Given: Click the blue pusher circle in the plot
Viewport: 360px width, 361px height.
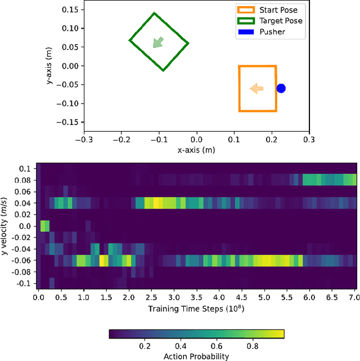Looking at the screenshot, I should pos(281,88).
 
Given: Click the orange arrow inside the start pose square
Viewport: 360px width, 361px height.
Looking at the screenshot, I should pos(256,88).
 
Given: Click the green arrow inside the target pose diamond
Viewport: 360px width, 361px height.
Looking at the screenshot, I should pos(159,42).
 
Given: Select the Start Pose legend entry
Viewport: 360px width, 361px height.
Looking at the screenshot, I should pos(267,10).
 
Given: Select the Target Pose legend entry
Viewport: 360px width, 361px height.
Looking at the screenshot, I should pos(270,21).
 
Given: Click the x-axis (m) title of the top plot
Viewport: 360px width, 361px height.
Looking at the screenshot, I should pos(196,150).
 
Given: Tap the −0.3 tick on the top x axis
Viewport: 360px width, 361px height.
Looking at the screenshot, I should pos(84,138).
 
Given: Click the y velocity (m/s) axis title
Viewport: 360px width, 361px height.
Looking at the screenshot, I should pos(7,226).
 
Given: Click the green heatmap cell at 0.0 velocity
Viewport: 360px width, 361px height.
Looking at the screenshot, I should pos(44,226).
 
